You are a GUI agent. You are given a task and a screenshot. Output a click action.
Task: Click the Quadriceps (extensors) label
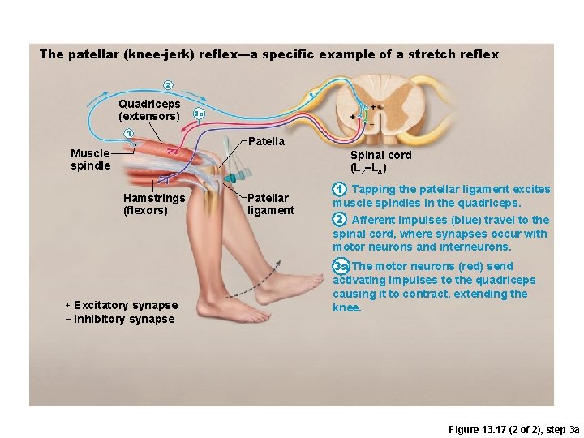[149, 109]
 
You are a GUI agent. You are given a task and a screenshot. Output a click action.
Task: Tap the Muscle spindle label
[90, 159]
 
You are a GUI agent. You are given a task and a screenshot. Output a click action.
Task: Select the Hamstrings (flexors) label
[154, 204]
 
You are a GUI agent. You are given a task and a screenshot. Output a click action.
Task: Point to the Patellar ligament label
[270, 204]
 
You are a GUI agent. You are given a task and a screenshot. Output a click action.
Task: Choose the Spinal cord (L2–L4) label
[380, 161]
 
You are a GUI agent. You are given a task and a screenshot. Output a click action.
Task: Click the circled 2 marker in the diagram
[168, 84]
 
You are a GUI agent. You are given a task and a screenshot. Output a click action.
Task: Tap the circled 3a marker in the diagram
[198, 114]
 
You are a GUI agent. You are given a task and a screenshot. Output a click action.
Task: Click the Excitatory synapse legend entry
[121, 305]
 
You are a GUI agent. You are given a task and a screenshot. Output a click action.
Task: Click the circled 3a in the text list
[341, 266]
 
